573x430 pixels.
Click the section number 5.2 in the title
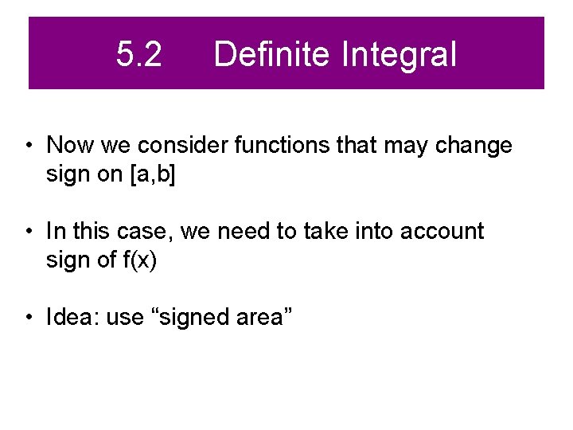(x=138, y=55)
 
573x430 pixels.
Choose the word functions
(x=261, y=146)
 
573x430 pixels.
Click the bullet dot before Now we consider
(x=28, y=147)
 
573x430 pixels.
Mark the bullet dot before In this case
(x=28, y=233)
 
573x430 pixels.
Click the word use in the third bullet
(x=123, y=318)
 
